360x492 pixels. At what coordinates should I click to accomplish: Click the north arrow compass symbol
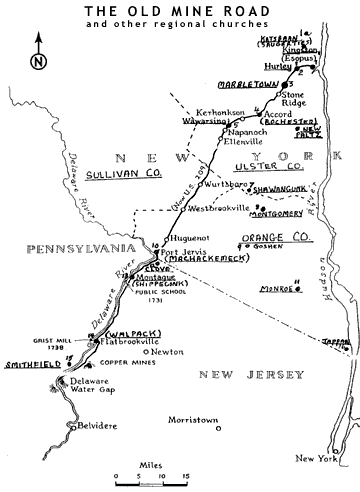[38, 53]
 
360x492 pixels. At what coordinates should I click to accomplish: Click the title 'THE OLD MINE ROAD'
[180, 12]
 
